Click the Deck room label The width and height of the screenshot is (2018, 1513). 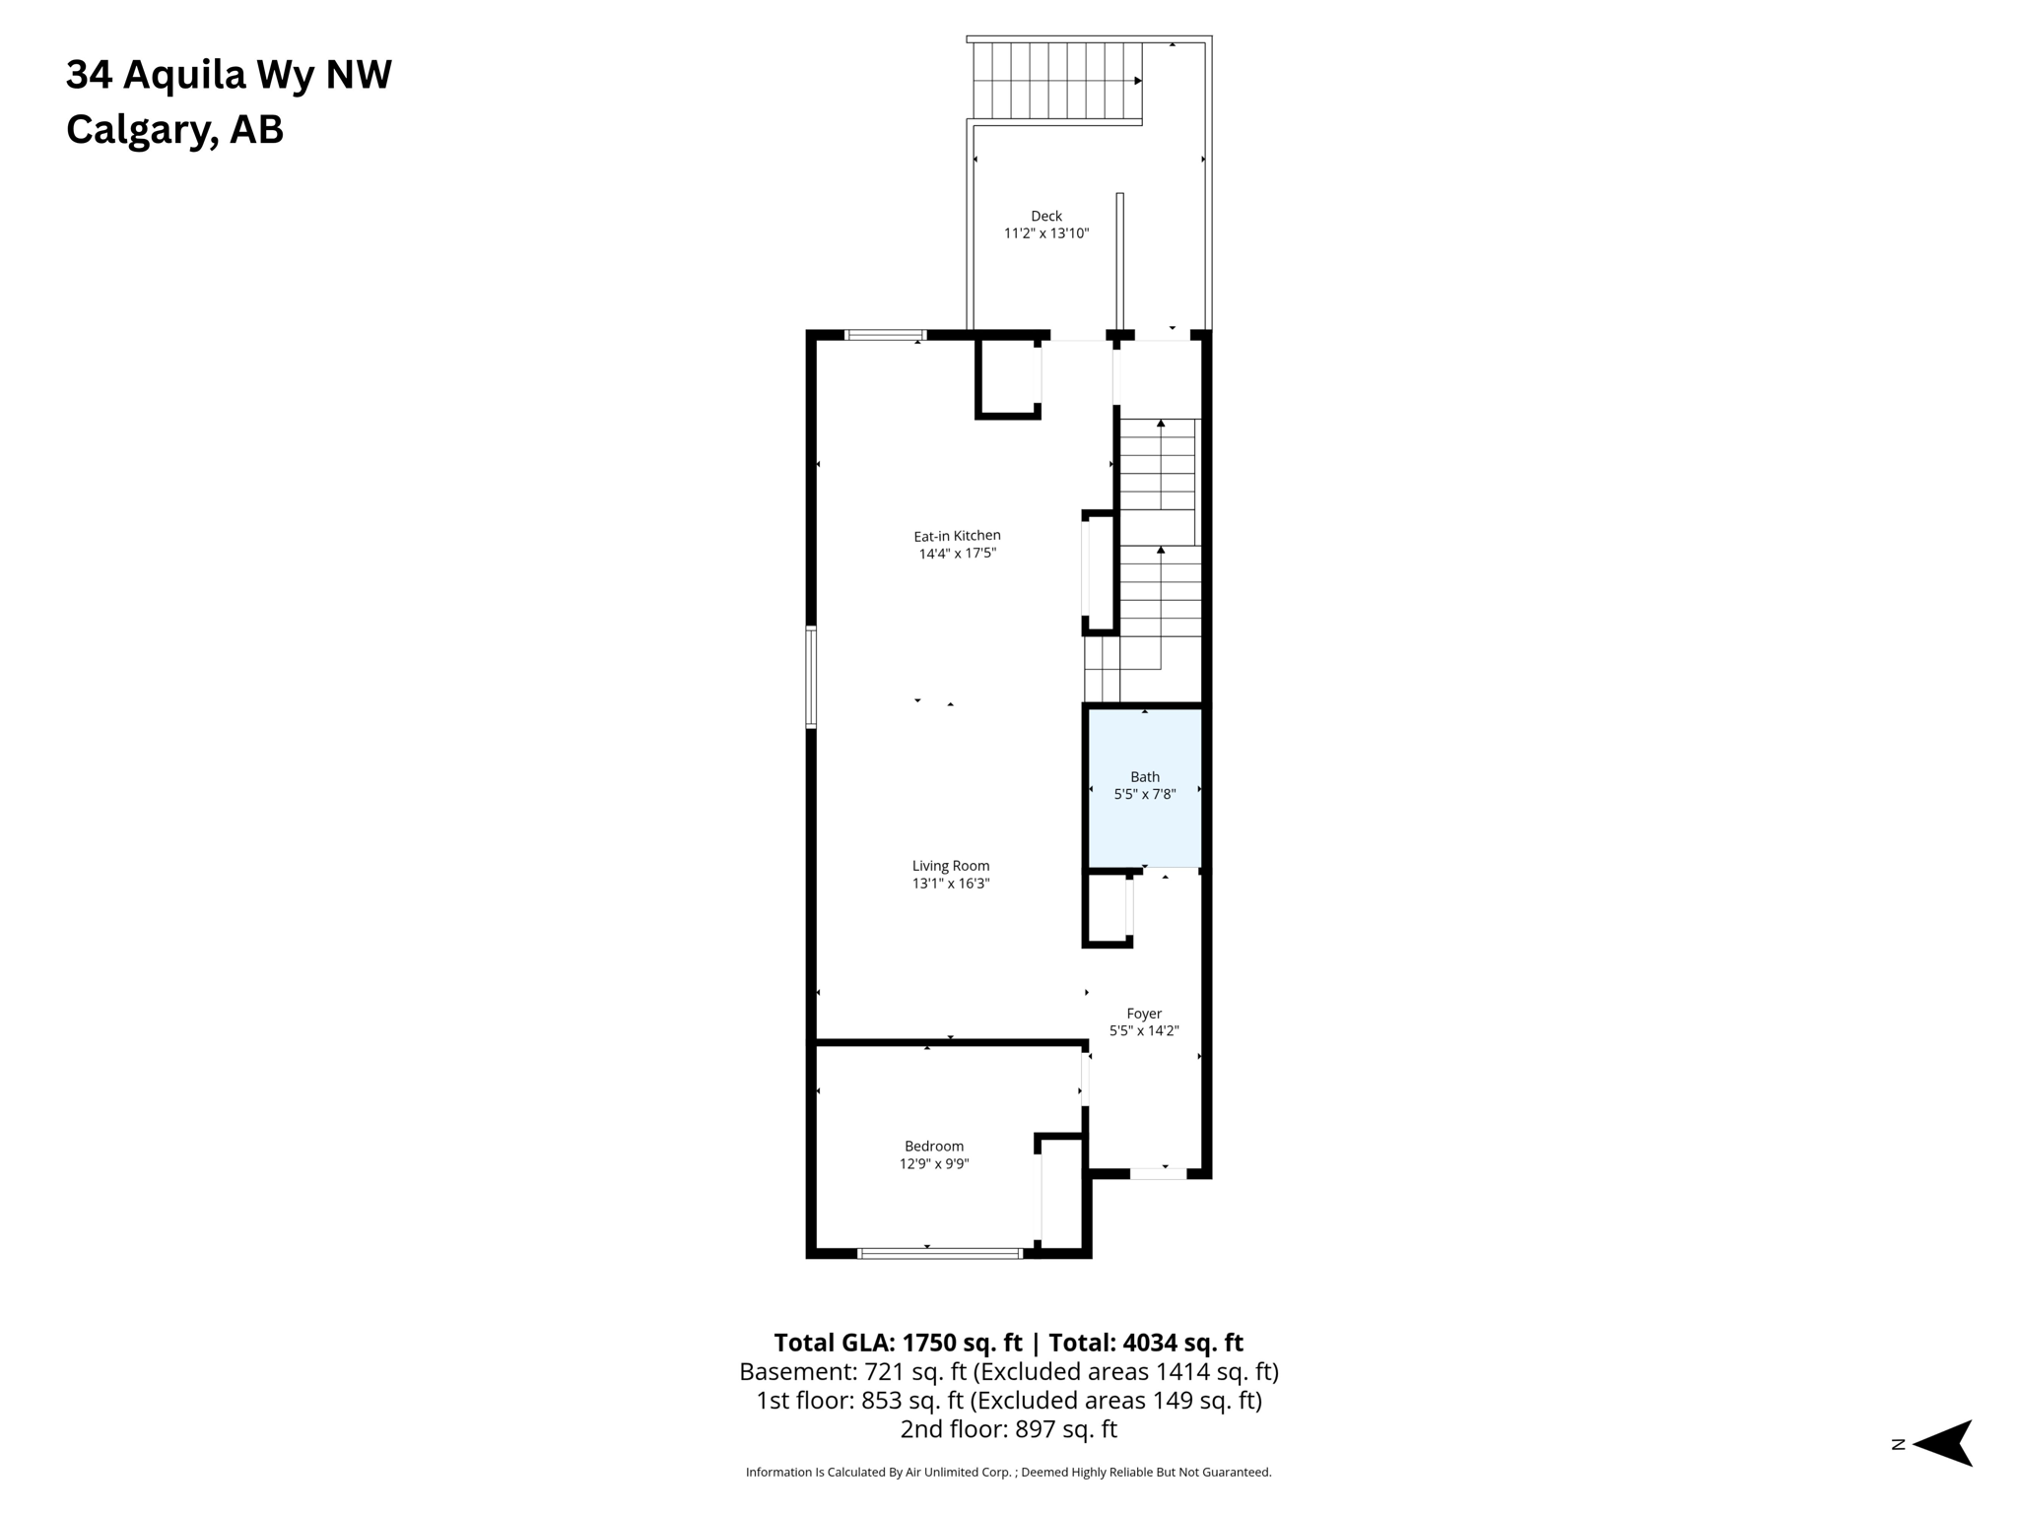click(1046, 216)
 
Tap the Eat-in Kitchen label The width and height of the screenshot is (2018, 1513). click(957, 536)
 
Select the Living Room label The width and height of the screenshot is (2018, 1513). click(950, 866)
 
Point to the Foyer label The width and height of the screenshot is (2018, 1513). click(1144, 1014)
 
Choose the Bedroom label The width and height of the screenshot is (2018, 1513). click(934, 1147)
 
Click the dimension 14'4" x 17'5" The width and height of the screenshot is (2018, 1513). click(957, 554)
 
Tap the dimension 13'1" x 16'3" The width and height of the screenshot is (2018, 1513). click(950, 884)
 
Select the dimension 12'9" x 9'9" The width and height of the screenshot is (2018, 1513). click(934, 1164)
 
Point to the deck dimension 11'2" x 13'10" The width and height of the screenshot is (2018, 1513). click(1046, 233)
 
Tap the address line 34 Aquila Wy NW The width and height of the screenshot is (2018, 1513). click(229, 75)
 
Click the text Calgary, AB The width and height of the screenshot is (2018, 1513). click(174, 129)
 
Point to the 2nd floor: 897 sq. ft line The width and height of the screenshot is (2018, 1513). click(1008, 1428)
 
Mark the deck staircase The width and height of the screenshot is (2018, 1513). click(1055, 81)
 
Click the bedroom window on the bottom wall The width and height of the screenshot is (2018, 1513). click(939, 1253)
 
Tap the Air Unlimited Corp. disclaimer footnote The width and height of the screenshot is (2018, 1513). click(1008, 1472)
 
